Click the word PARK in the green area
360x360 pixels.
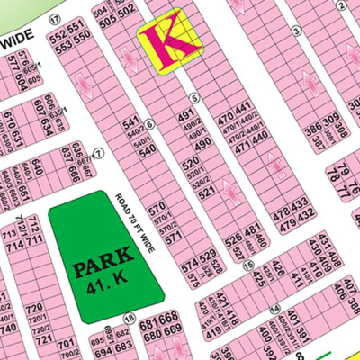coord(99,268)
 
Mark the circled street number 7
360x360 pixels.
coord(98,152)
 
